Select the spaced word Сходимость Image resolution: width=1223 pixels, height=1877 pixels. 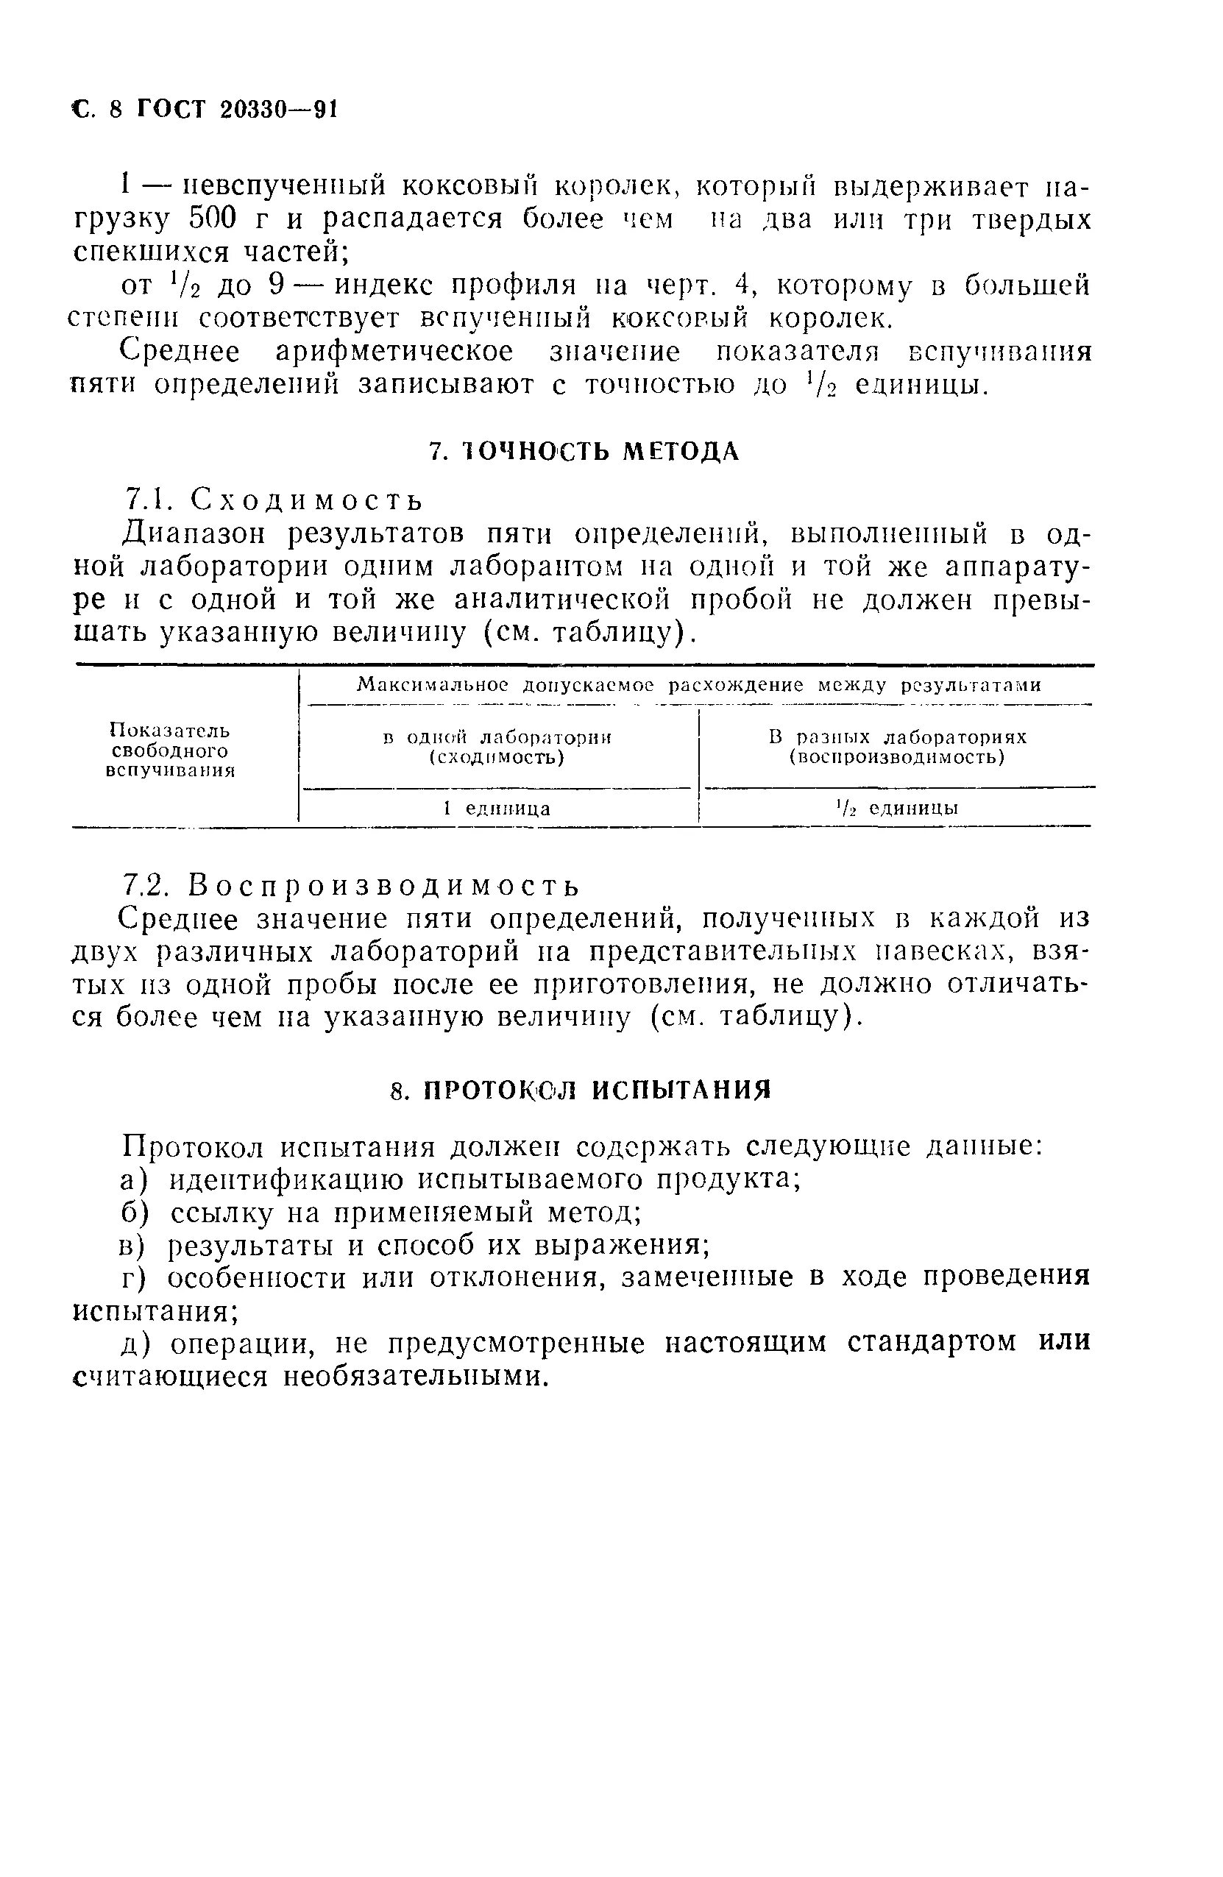click(308, 500)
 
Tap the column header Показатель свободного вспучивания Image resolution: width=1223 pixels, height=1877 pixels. click(169, 750)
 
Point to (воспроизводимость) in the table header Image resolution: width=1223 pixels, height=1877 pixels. click(897, 758)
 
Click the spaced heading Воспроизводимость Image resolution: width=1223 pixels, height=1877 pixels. click(385, 887)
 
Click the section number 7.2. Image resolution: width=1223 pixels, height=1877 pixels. click(147, 887)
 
